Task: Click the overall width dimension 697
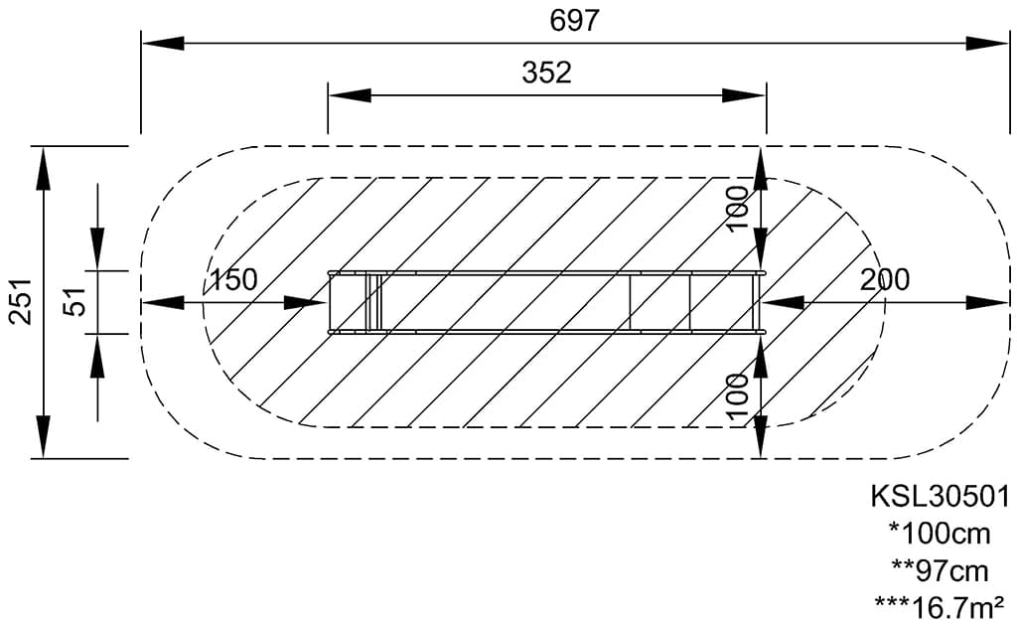pos(574,20)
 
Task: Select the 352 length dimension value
pos(547,73)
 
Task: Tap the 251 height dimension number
pos(21,301)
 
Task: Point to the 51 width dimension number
pos(75,301)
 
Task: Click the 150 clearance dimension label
pos(232,279)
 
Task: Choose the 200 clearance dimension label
pos(885,279)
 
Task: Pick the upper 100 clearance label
pos(737,209)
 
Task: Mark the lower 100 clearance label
pos(737,397)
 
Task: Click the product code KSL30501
pos(940,497)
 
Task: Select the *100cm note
pos(940,534)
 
